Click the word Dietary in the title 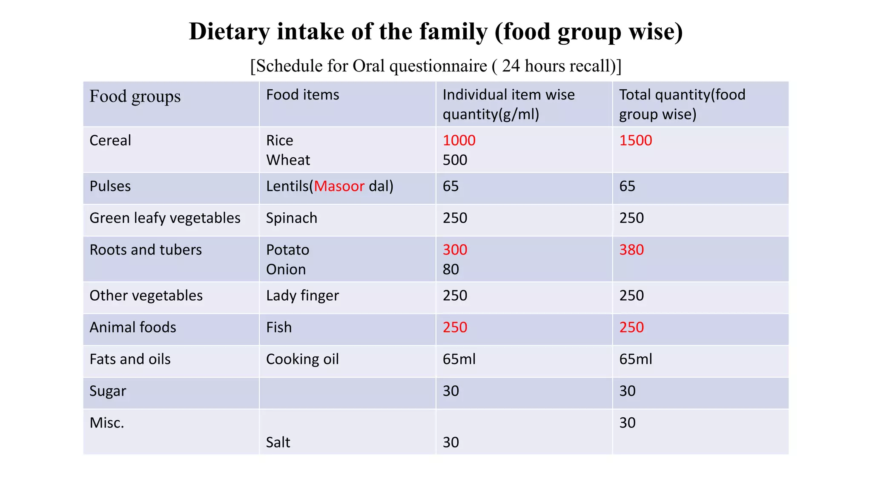point(229,32)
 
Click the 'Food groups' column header point(135,96)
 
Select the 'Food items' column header point(302,94)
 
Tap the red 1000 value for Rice point(459,140)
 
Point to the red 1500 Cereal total point(635,140)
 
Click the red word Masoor point(339,186)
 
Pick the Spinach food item point(291,218)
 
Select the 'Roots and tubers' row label point(146,250)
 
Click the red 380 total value point(631,250)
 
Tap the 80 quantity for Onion point(450,269)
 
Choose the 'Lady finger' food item point(302,296)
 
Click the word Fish point(279,328)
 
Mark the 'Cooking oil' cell point(302,359)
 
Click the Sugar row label point(108,391)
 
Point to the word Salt point(278,442)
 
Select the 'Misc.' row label point(106,423)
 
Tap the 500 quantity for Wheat point(455,160)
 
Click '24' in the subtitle point(511,66)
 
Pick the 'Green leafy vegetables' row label point(165,218)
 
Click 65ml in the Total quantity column point(635,359)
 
